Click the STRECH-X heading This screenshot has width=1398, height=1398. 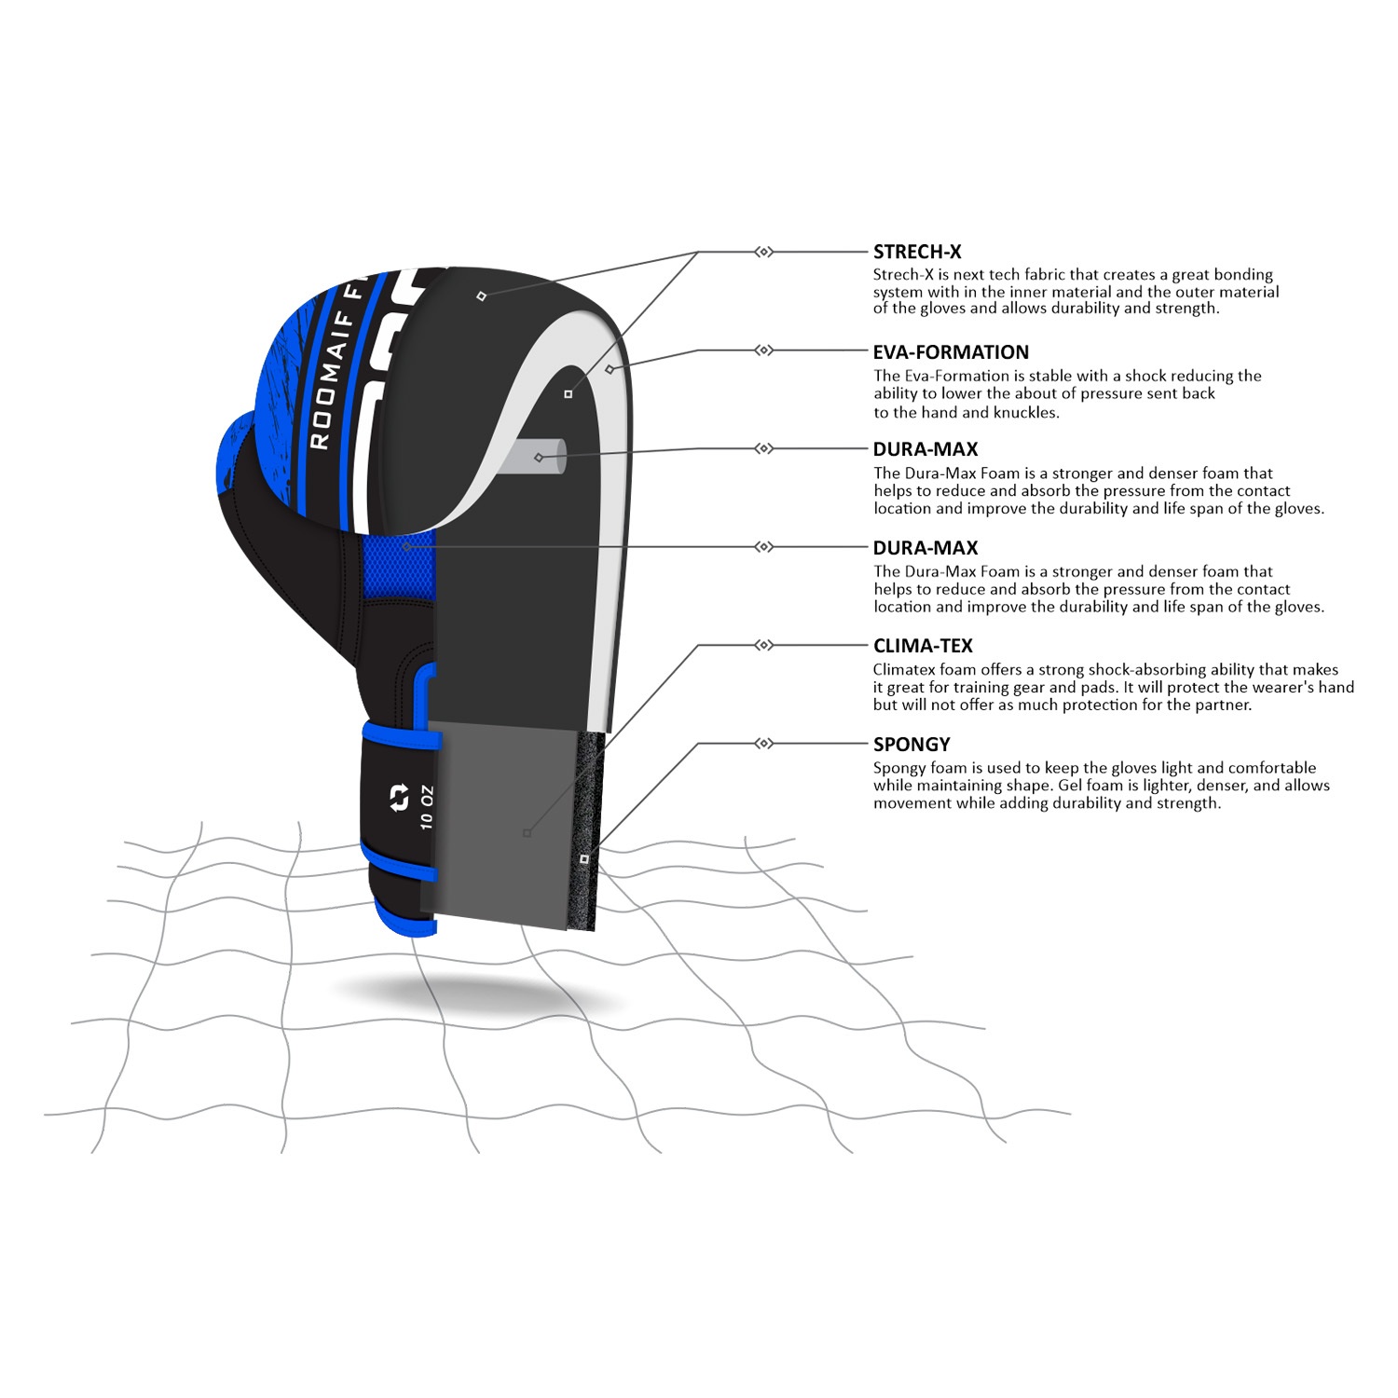pyautogui.click(x=917, y=252)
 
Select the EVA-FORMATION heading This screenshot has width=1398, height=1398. pyautogui.click(x=951, y=352)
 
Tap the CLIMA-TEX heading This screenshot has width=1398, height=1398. pyautogui.click(x=923, y=646)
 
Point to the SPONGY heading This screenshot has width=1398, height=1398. pyautogui.click(x=911, y=745)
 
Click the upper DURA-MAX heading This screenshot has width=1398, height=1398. pyautogui.click(x=925, y=449)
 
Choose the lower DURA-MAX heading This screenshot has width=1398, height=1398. pyautogui.click(x=925, y=548)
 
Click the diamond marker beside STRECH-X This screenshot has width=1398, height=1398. pyautogui.click(x=763, y=252)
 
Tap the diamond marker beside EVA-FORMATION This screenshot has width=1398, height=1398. pyautogui.click(x=763, y=350)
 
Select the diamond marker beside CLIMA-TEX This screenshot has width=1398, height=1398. pyautogui.click(x=763, y=645)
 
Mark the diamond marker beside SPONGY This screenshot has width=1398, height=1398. pyautogui.click(x=763, y=744)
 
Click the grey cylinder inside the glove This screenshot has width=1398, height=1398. pyautogui.click(x=536, y=457)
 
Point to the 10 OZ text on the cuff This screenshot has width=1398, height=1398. pyautogui.click(x=427, y=807)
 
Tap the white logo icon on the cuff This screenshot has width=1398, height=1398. pyautogui.click(x=399, y=799)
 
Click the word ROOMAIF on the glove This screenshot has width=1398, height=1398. pyautogui.click(x=331, y=381)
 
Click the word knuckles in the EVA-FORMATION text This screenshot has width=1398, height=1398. pyautogui.click(x=1025, y=413)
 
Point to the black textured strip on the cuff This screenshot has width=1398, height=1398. pyautogui.click(x=586, y=829)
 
